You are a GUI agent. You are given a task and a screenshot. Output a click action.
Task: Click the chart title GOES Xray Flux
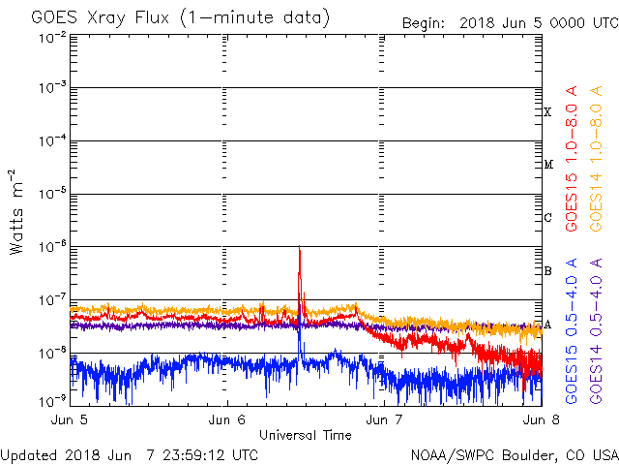[180, 18]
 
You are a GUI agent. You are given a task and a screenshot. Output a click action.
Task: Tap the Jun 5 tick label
[71, 420]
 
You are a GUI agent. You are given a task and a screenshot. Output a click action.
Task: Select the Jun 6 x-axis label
[227, 420]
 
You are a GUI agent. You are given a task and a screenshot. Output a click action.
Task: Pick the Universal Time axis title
[306, 435]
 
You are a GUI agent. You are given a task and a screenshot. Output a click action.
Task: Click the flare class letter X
[547, 112]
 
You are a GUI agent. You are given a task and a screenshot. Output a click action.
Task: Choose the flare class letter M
[547, 165]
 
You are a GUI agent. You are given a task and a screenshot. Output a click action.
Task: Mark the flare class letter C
[547, 217]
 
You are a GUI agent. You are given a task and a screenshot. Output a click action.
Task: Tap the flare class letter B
[547, 270]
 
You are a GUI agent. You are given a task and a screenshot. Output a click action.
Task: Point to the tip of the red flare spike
[300, 248]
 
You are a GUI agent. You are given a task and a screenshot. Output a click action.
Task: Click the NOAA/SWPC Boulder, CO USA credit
[514, 454]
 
